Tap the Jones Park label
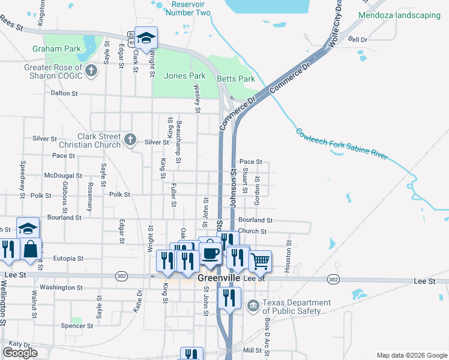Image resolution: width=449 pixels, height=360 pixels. [185, 76]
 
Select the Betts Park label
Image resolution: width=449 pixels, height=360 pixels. [236, 79]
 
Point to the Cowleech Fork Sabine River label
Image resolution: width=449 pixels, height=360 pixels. [341, 145]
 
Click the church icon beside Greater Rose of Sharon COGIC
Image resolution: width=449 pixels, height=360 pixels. [91, 71]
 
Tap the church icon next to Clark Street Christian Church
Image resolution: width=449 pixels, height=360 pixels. [131, 140]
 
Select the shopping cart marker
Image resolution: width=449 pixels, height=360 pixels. [260, 260]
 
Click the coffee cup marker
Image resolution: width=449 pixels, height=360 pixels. [209, 253]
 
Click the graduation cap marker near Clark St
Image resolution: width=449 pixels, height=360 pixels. [145, 38]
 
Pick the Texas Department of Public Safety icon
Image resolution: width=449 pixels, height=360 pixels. [253, 307]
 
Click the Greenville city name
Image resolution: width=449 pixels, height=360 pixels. [219, 278]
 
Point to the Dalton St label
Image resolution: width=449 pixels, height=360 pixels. [64, 94]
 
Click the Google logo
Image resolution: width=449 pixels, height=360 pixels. [20, 353]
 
